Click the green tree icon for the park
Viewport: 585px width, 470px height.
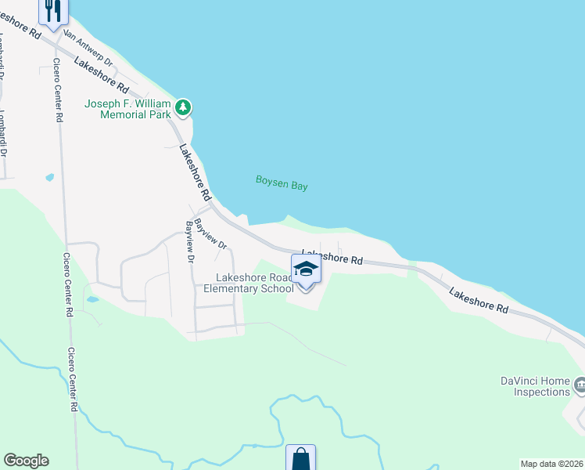pos(183,107)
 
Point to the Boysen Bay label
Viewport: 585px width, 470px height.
pos(282,183)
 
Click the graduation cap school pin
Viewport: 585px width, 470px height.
pos(306,270)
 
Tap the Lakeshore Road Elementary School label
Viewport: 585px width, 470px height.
pos(249,283)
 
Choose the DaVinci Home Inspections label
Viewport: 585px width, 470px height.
pos(536,386)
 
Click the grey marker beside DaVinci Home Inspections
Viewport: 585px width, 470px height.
pos(580,385)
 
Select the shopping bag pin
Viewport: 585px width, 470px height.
pos(300,458)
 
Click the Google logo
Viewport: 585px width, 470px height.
pos(26,461)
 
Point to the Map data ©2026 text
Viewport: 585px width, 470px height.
pos(551,464)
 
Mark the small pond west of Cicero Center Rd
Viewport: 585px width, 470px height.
pos(50,177)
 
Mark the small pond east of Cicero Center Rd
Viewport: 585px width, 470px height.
pos(92,299)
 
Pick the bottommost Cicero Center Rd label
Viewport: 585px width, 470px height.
pos(73,380)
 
